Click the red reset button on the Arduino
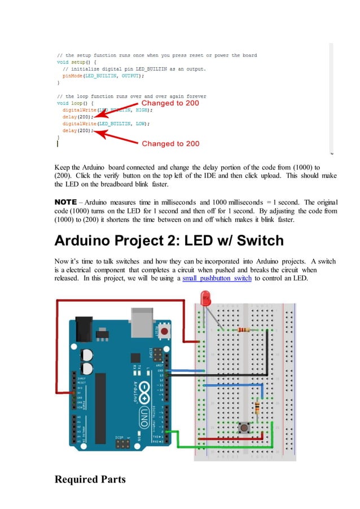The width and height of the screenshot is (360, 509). [x=164, y=330]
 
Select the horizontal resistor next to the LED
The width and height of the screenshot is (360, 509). [x=244, y=330]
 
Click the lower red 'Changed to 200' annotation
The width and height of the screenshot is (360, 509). [x=170, y=143]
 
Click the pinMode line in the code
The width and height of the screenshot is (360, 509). [x=103, y=75]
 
